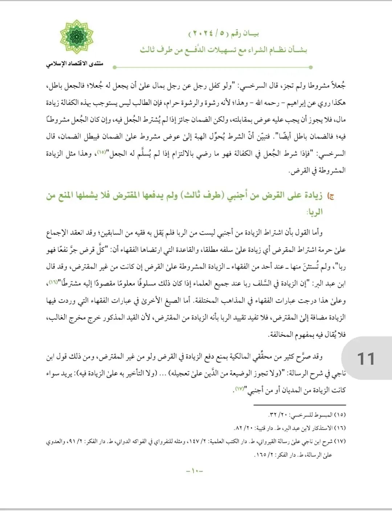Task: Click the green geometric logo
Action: (77, 37)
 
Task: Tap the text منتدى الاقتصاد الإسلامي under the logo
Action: (74, 64)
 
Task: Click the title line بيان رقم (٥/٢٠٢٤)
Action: (224, 34)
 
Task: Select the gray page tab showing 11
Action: (366, 359)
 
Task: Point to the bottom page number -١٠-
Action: (195, 471)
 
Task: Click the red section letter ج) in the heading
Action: (330, 196)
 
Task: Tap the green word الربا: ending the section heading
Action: (314, 212)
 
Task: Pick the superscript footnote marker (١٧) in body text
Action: (239, 388)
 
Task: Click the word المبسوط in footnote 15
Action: (323, 414)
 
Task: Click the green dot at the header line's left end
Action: (115, 67)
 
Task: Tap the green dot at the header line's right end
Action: (311, 67)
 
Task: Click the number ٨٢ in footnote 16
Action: (238, 428)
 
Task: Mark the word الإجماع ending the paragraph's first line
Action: (58, 232)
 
